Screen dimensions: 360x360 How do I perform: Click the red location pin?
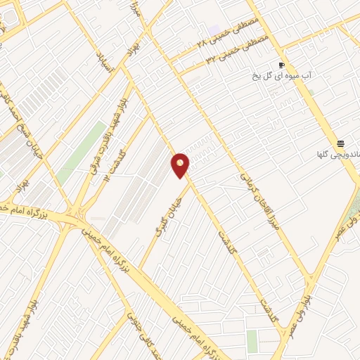(181, 165)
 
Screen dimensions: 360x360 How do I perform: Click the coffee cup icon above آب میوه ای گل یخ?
(282, 62)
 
